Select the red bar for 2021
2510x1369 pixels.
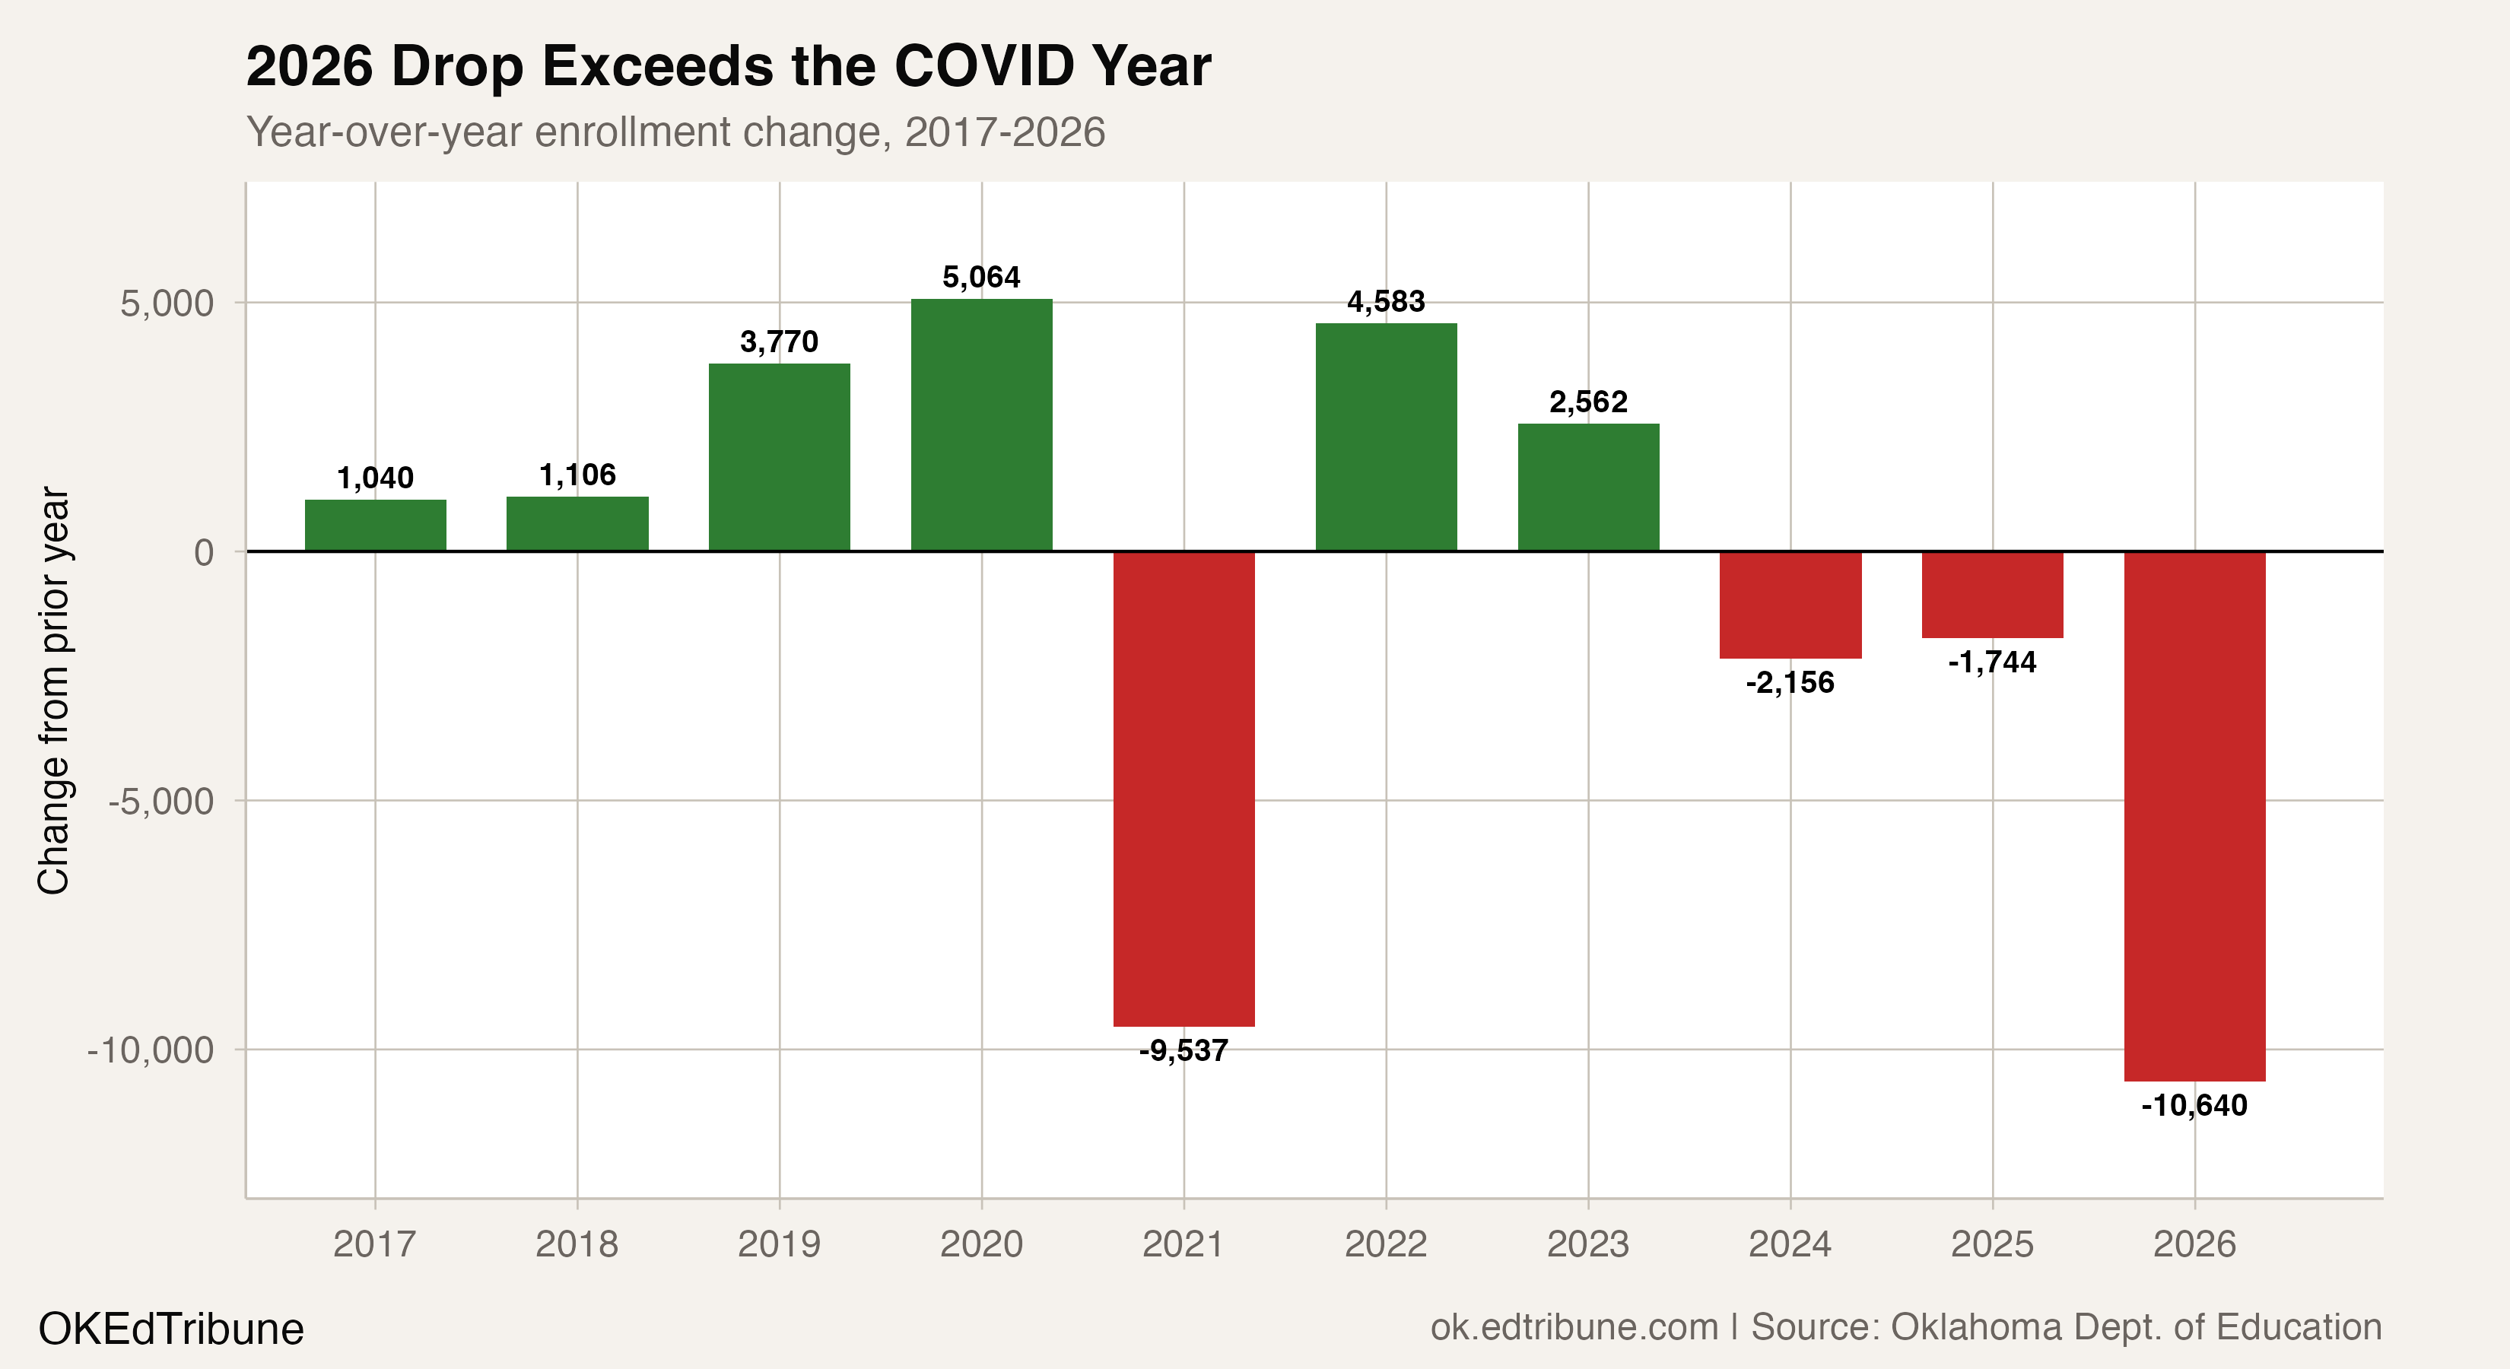pyautogui.click(x=1184, y=788)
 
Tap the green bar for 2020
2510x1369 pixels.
pyautogui.click(x=981, y=425)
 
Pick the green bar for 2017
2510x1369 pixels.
pyautogui.click(x=375, y=526)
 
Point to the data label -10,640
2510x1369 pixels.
pyautogui.click(x=2194, y=1106)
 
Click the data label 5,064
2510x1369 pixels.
pyautogui.click(x=981, y=278)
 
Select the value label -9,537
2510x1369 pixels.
pyautogui.click(x=1184, y=1051)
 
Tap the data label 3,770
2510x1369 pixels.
pyautogui.click(x=779, y=342)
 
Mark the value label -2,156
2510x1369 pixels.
pyautogui.click(x=1790, y=683)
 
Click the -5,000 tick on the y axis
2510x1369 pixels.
pyautogui.click(x=160, y=802)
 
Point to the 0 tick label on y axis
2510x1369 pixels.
pyautogui.click(x=204, y=552)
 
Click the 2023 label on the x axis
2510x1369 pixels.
pyautogui.click(x=1588, y=1244)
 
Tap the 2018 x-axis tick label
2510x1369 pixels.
pyautogui.click(x=577, y=1244)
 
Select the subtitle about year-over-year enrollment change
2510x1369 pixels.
pyautogui.click(x=675, y=132)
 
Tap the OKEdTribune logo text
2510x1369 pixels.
pyautogui.click(x=170, y=1329)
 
